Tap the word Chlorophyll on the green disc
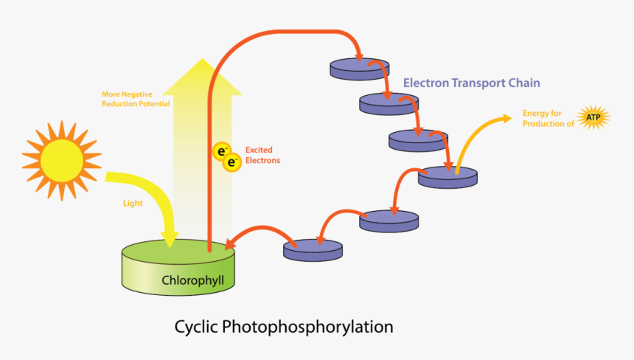pos(192,280)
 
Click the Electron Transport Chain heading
pos(472,83)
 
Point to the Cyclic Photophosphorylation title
pos(284,326)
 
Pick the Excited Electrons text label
pos(262,155)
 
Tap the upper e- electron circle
pos(221,151)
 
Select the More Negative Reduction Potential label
pos(136,99)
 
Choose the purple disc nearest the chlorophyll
pos(313,249)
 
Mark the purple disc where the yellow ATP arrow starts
pos(447,177)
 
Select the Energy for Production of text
pos(548,118)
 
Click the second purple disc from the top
pos(389,103)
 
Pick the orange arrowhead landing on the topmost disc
pos(359,57)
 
